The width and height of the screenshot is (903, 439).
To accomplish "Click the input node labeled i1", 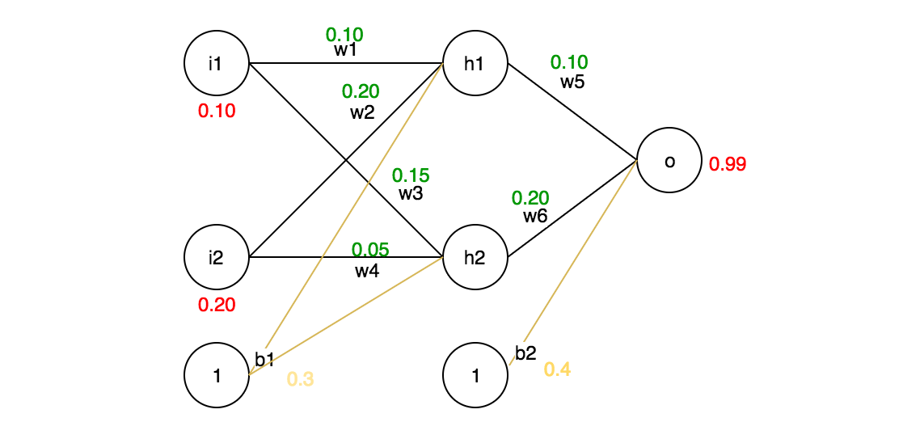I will pos(216,63).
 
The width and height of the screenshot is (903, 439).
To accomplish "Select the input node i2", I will pos(216,257).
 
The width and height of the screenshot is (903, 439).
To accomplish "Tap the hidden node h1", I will pos(475,63).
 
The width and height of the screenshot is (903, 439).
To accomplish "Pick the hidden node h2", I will pos(475,257).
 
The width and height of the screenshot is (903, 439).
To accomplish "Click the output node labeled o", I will pos(669,161).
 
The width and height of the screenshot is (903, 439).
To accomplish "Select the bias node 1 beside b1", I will pos(216,375).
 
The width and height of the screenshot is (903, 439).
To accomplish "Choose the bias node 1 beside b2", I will pos(475,375).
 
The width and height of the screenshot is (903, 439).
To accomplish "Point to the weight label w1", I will pos(345,49).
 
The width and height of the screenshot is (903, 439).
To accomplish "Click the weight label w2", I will pos(362,112).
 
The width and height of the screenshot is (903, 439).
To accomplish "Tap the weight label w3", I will pos(411,193).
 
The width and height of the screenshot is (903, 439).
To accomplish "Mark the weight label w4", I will pos(367,271).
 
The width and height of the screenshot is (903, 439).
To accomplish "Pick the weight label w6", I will pos(535,216).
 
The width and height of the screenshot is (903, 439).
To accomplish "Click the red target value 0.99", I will pos(727,164).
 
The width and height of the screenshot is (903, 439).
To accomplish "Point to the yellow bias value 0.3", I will pos(300,379).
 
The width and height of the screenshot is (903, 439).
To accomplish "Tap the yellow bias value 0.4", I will pos(557,369).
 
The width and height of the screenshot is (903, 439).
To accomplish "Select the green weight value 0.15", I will pos(411,175).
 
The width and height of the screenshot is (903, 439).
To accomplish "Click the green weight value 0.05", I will pos(370,250).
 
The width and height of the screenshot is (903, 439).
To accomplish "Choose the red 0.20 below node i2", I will pos(217,305).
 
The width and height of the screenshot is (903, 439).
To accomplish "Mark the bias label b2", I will pos(525,352).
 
